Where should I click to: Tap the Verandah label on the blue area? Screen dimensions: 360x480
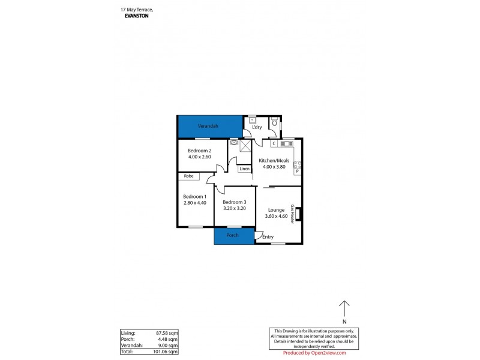click(208, 126)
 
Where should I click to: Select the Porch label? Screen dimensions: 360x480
click(232, 235)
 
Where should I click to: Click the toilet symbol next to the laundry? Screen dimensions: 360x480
click(274, 122)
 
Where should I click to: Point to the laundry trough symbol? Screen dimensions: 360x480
click(252, 120)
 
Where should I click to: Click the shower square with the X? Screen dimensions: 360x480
click(244, 143)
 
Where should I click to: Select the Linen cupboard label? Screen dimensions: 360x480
click(244, 169)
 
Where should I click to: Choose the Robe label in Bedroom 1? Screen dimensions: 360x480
click(188, 176)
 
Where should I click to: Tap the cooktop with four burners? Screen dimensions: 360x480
click(296, 163)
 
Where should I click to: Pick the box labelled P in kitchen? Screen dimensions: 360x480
click(296, 172)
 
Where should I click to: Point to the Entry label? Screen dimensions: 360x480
click(268, 237)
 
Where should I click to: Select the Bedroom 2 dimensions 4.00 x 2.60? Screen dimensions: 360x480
click(199, 157)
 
